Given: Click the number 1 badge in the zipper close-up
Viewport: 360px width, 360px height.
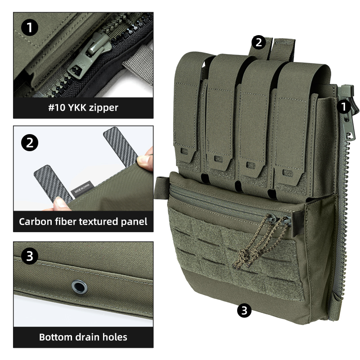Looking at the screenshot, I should click(30, 28).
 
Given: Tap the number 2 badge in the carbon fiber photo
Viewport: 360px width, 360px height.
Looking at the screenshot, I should click(30, 143).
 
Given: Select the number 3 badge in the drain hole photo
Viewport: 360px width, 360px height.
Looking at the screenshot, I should click(30, 257).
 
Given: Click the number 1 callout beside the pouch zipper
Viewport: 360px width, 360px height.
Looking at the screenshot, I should click(344, 107).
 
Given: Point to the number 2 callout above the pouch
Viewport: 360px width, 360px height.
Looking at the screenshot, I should click(258, 42).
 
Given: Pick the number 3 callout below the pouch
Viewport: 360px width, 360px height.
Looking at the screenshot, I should click(244, 310).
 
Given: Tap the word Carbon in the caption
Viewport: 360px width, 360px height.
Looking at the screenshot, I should click(35, 222).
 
